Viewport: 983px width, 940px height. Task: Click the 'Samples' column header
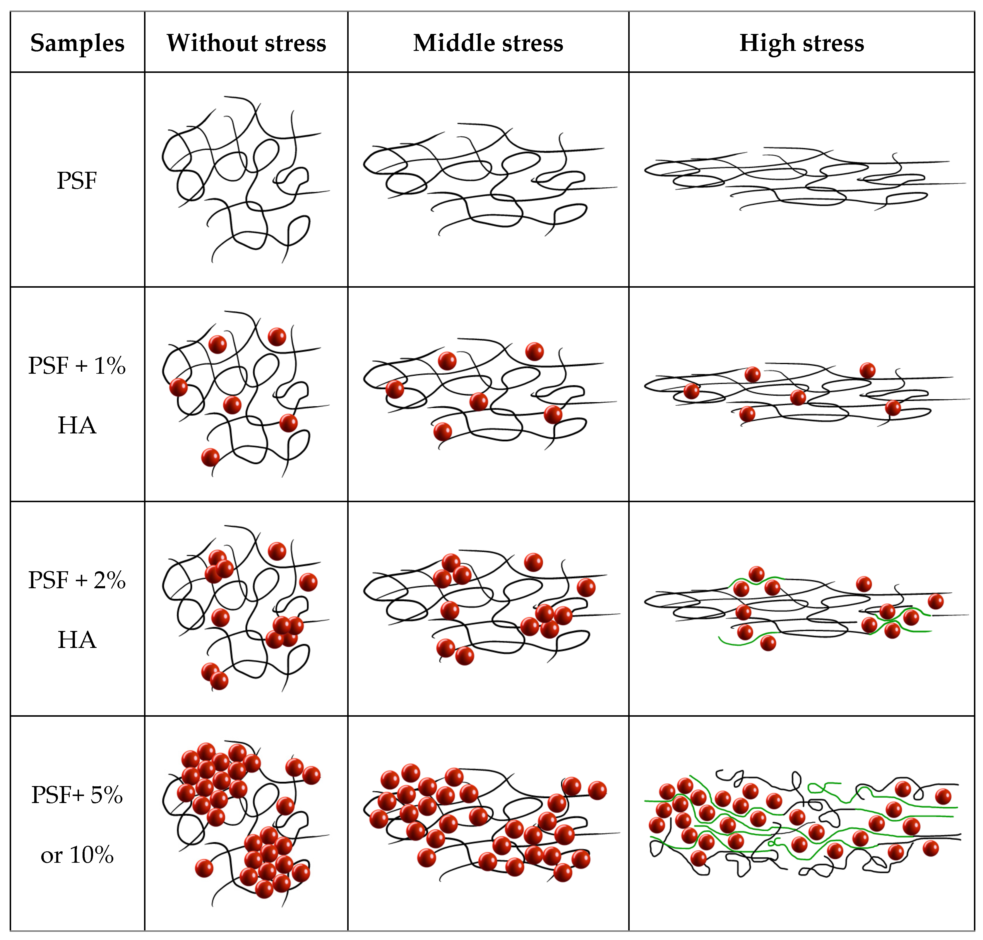point(77,43)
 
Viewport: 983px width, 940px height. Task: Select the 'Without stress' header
point(246,43)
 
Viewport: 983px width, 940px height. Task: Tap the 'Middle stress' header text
point(488,43)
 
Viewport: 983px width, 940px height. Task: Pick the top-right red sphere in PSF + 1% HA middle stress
point(534,351)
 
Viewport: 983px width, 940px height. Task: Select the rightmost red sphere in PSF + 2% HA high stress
point(935,601)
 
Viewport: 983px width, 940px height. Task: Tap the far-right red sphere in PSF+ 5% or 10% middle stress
point(597,790)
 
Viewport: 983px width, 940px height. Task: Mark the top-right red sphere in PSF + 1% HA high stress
point(867,370)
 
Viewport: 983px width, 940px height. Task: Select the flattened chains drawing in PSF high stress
point(802,180)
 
